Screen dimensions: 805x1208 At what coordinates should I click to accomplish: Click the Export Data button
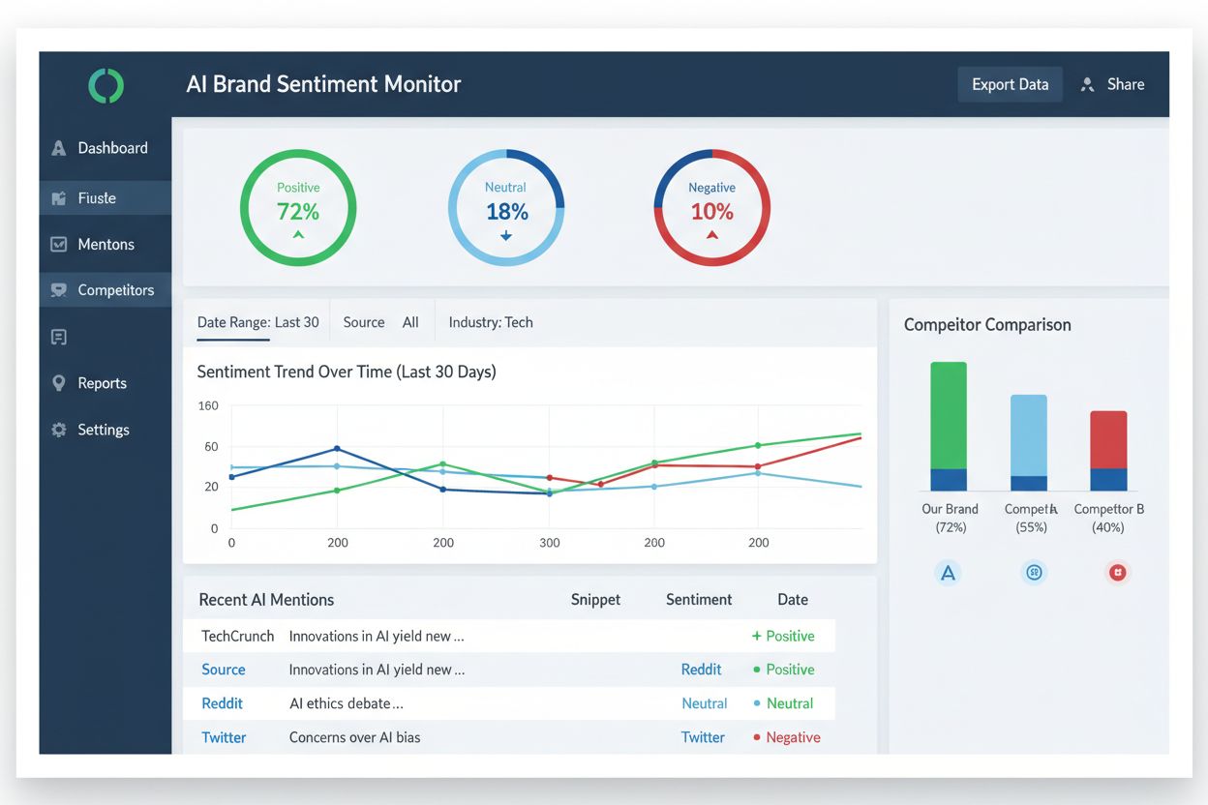coord(1010,84)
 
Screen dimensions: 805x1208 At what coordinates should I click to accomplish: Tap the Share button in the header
coord(1113,84)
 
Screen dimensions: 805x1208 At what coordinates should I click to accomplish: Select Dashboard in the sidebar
coord(112,148)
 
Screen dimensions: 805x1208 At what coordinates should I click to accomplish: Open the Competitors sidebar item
coord(115,290)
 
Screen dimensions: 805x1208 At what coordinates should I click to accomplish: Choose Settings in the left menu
coord(103,430)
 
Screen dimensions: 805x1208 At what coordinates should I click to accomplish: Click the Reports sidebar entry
coord(102,383)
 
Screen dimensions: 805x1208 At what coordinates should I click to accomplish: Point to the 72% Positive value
coord(298,211)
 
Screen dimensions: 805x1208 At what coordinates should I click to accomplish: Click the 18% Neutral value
coord(506,211)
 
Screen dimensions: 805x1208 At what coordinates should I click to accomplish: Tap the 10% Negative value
coord(712,211)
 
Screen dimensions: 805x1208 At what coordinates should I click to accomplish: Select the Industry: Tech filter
coord(491,322)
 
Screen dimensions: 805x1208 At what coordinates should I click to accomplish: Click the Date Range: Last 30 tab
coord(257,322)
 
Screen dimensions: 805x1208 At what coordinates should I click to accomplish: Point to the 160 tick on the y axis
coord(208,405)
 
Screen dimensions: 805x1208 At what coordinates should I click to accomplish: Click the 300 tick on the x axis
coord(549,543)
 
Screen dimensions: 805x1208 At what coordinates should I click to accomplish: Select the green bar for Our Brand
coord(949,414)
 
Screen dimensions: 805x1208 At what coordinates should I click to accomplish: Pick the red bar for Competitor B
coord(1108,439)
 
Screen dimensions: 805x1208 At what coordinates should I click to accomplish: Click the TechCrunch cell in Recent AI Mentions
coord(238,636)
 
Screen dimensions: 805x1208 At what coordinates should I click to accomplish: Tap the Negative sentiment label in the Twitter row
coord(793,737)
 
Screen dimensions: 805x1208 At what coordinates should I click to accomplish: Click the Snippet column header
coord(595,600)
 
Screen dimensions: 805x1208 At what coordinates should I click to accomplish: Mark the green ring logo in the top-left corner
coord(106,85)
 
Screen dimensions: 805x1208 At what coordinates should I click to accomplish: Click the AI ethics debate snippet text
coord(347,703)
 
